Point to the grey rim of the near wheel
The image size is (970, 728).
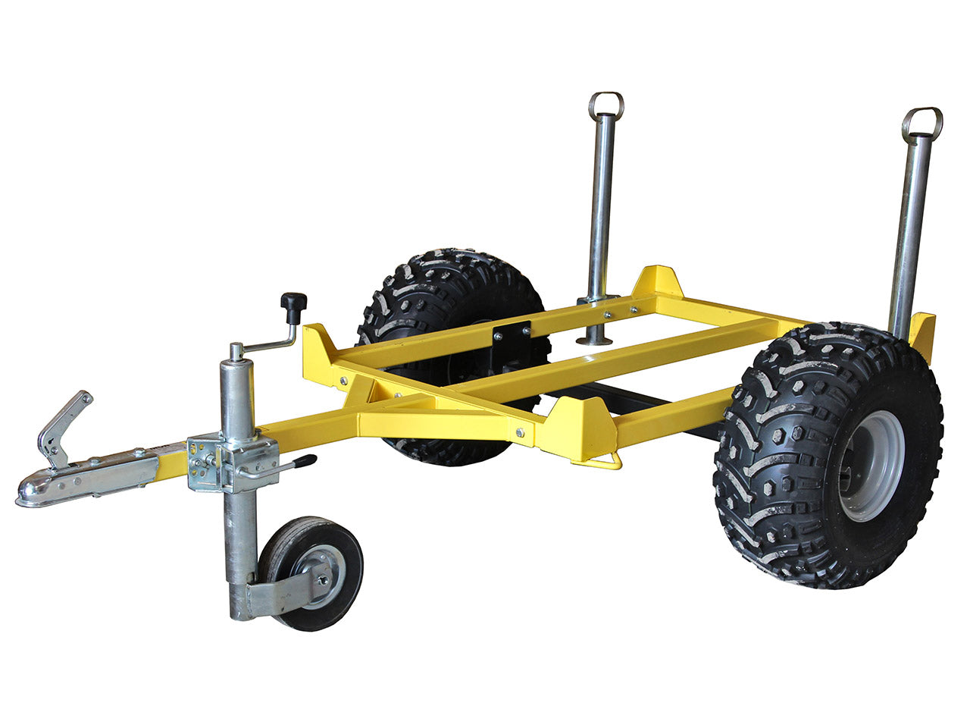[872, 466]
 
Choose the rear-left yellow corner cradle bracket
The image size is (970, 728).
[656, 282]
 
